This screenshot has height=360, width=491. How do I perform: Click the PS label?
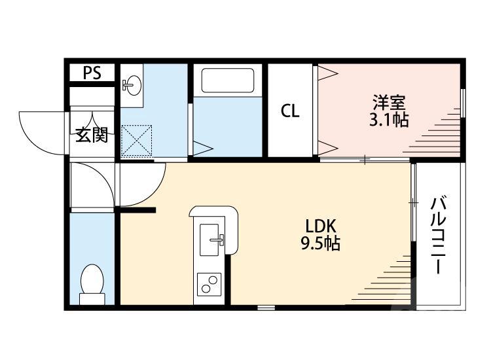pos(92,73)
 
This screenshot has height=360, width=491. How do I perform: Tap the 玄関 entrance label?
pos(92,135)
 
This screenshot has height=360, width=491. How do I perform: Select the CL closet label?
pos(290,111)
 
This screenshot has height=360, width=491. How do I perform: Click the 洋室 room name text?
pos(390,103)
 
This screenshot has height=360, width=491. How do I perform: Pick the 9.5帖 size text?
pos(321,245)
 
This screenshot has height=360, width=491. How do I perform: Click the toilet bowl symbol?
pos(92,282)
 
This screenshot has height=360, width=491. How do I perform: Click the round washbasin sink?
pos(133,84)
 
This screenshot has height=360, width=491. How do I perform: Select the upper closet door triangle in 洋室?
pos(327,73)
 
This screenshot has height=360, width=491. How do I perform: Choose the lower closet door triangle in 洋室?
pos(327,146)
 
